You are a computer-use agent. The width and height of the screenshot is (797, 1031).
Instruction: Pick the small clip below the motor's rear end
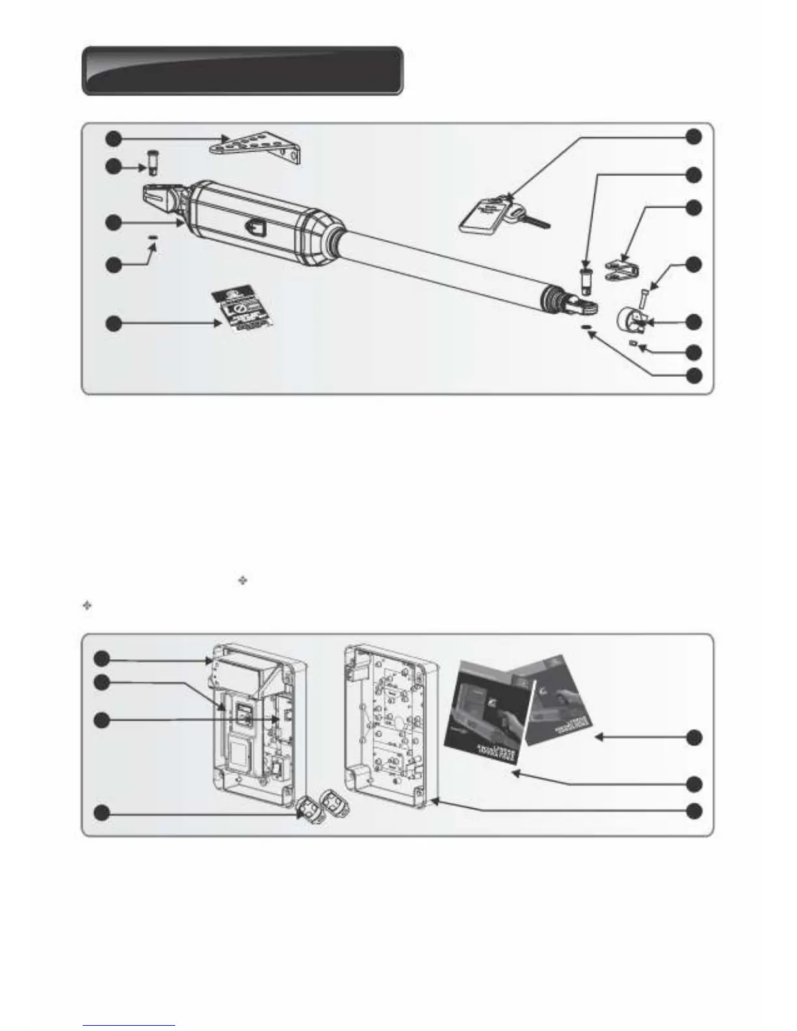point(153,238)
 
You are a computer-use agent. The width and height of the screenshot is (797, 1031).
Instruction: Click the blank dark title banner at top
point(242,70)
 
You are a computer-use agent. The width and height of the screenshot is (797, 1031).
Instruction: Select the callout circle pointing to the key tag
point(694,137)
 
